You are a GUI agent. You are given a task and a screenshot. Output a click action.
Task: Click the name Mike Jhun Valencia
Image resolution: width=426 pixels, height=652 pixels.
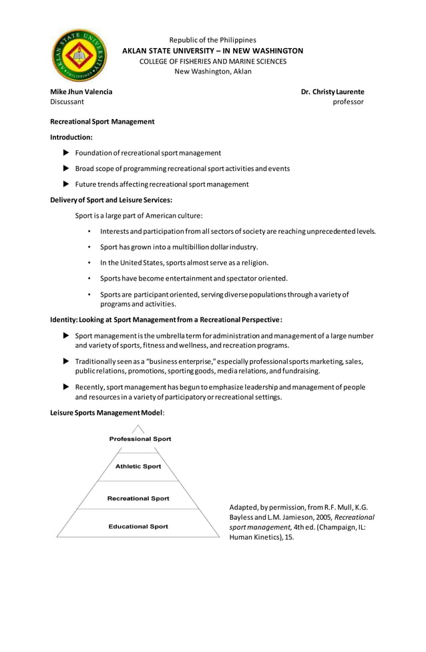coord(81,92)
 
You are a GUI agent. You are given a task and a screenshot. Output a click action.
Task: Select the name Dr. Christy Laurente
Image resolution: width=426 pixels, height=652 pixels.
coord(332,92)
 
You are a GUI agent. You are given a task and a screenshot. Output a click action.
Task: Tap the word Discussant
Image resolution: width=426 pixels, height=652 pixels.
coord(67,102)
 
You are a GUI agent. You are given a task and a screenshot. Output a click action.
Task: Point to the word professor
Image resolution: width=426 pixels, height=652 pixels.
coord(348,102)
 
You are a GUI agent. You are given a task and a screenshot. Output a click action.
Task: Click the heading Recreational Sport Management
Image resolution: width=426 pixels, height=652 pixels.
coord(102,122)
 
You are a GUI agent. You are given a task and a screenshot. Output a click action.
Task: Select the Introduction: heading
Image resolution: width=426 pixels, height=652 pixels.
coord(71,137)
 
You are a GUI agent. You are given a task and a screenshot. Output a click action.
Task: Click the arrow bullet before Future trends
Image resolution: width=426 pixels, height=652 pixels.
coord(65,184)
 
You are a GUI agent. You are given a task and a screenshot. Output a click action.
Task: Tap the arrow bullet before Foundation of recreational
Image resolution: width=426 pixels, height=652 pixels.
coord(65,153)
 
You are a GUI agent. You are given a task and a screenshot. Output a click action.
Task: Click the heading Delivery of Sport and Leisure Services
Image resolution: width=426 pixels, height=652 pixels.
coord(112,200)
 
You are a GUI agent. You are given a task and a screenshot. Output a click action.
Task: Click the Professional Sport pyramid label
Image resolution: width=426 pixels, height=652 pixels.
coord(140,439)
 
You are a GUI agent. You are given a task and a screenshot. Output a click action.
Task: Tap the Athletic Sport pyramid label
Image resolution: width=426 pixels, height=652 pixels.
coord(138,466)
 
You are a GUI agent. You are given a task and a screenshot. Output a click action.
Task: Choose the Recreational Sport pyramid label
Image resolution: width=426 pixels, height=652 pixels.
coord(138,498)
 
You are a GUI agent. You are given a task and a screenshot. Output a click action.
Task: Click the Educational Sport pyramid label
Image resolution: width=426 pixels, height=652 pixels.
coord(138,526)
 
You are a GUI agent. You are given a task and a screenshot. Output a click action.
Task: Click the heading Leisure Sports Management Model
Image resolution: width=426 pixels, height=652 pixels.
coord(107,413)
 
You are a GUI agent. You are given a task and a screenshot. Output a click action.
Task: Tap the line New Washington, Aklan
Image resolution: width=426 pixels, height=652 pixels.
coord(213,71)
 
